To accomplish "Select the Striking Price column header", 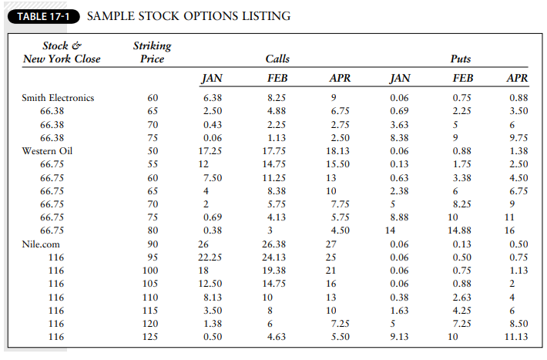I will (152, 52).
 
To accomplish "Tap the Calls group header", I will (277, 59).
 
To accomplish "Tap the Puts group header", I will (460, 59).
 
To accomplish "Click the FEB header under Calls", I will (277, 78).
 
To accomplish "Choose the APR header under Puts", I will (517, 78).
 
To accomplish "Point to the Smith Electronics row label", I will (58, 98).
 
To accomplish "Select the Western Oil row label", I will (48, 151).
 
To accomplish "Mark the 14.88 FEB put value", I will (459, 230).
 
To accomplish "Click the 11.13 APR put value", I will (515, 336).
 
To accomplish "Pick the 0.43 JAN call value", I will (212, 124).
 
